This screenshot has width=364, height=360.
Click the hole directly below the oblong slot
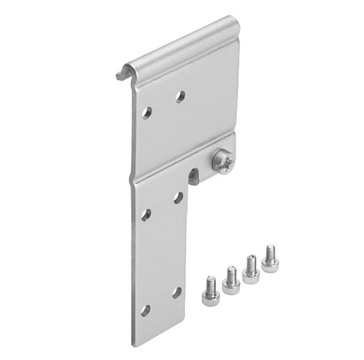[x=177, y=197]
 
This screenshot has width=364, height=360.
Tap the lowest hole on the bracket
[x=144, y=310]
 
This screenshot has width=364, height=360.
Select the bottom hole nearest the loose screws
[x=176, y=292]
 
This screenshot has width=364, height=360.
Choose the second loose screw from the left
[x=230, y=280]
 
